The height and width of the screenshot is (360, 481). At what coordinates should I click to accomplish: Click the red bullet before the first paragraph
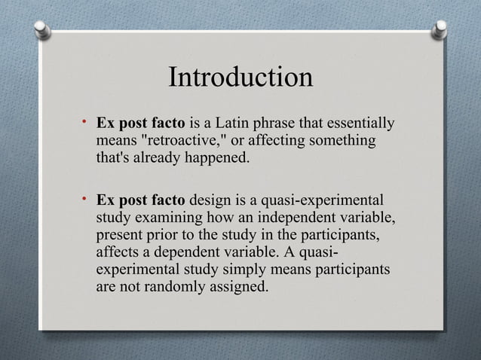click(x=87, y=121)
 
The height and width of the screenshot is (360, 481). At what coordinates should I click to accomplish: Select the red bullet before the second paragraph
click(x=87, y=200)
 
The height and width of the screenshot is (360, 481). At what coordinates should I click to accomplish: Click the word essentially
click(x=360, y=124)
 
